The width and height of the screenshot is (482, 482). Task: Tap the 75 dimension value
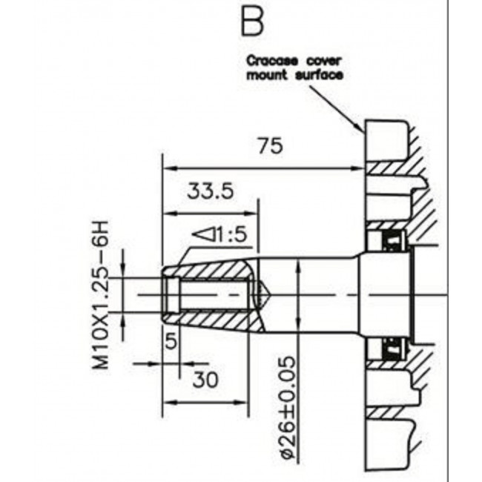coord(270,145)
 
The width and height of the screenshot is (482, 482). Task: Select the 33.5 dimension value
coord(211,191)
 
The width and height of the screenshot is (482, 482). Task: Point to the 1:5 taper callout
coord(219,234)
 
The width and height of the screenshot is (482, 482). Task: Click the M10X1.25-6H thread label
coord(101,294)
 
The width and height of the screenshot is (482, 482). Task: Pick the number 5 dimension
coord(171,340)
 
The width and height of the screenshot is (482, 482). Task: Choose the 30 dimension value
coord(205,380)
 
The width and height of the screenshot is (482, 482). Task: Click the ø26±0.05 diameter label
coord(288,408)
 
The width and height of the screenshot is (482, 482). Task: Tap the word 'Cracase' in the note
coord(272,61)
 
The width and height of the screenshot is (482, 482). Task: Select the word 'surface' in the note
coord(319,75)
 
